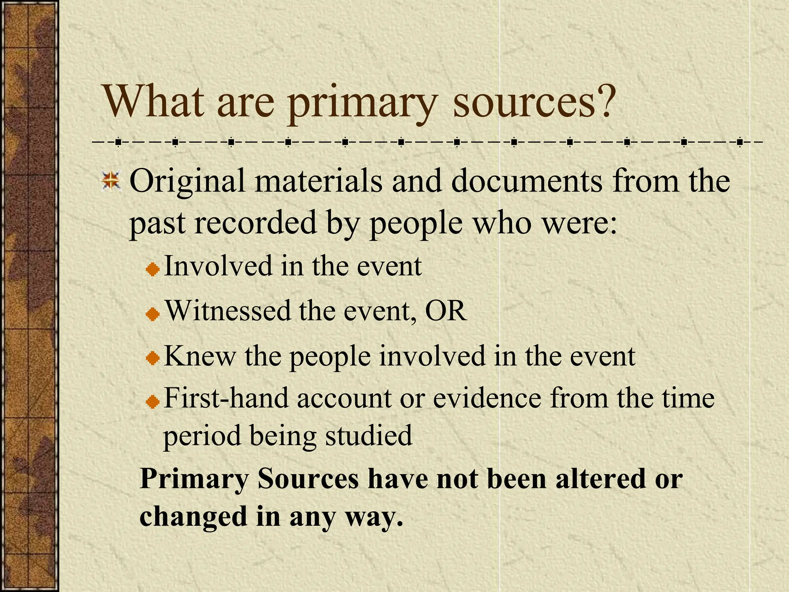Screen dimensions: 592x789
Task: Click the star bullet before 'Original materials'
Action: [111, 181]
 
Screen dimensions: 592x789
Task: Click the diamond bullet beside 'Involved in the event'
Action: [153, 269]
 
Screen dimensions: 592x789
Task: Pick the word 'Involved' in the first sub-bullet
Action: [218, 266]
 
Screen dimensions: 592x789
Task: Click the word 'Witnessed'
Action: [228, 311]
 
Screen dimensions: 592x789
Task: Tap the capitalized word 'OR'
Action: [446, 311]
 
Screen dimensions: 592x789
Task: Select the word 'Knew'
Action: [200, 356]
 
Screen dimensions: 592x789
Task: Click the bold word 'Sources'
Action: [308, 479]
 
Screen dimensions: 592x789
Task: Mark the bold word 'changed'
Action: [193, 517]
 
